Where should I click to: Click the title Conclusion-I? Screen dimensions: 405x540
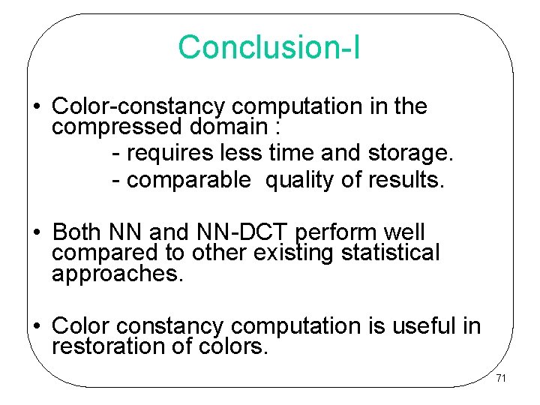pos(269,46)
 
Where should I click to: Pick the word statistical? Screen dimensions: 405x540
pos(390,253)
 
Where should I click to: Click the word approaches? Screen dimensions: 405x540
pos(116,274)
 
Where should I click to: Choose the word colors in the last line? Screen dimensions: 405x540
pos(233,346)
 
